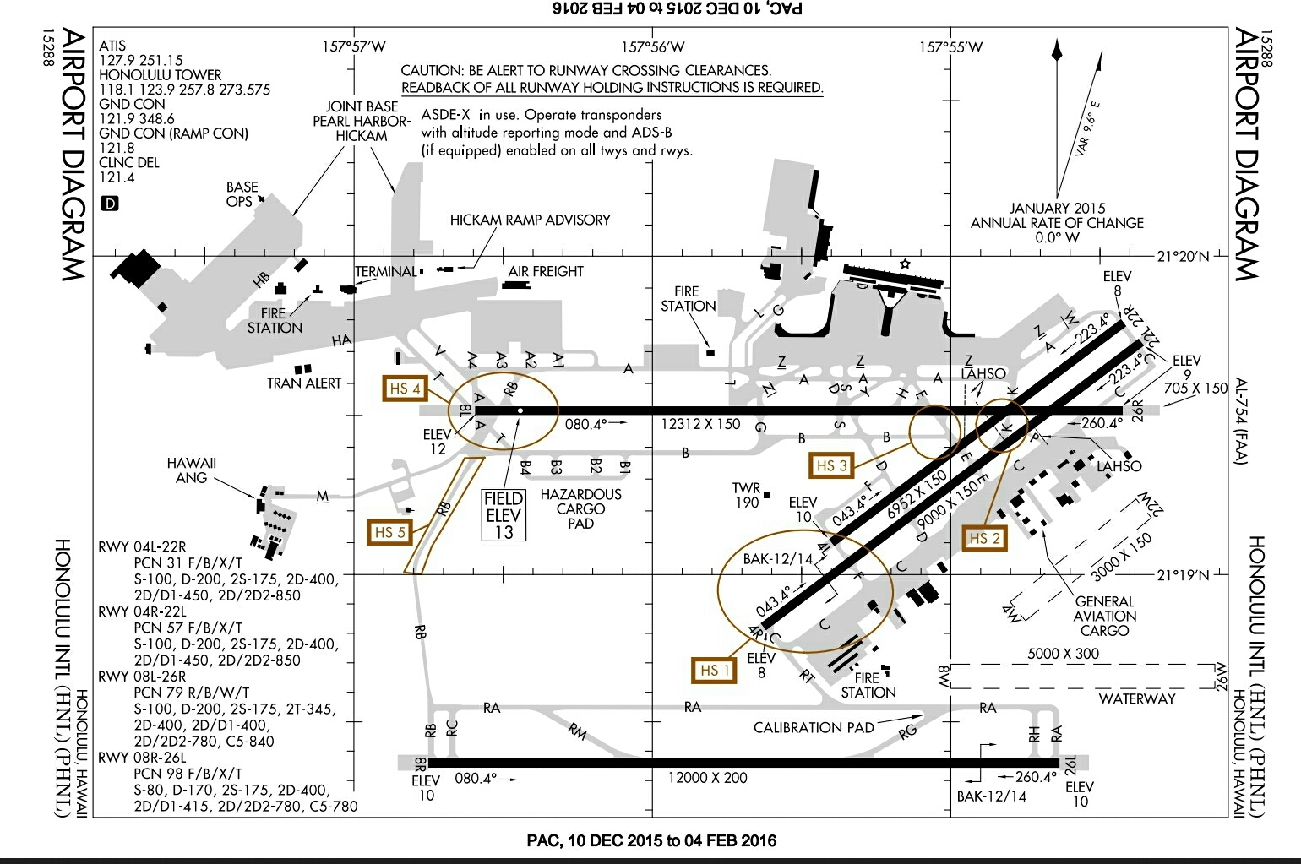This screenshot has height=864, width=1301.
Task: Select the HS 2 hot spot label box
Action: (x=984, y=538)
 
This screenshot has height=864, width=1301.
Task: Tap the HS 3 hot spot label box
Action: (x=830, y=465)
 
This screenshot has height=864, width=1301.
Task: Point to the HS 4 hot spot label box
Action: (x=406, y=389)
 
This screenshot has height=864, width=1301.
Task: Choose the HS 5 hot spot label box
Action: (x=389, y=532)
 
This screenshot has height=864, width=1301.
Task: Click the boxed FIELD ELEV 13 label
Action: (x=504, y=515)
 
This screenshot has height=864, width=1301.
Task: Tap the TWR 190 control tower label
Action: (x=746, y=495)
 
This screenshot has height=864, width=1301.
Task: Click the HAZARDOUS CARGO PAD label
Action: (x=580, y=508)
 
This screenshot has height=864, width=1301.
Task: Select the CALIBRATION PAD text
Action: (x=813, y=727)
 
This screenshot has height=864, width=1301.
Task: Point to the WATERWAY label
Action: (x=1136, y=698)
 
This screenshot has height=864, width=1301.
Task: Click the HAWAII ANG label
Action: (x=192, y=470)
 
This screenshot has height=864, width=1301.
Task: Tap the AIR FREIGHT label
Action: (x=546, y=272)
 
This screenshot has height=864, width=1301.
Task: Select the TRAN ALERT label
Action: (x=304, y=383)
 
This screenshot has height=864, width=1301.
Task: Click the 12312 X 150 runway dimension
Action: (x=701, y=424)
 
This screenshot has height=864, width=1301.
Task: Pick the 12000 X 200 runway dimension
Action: (x=707, y=778)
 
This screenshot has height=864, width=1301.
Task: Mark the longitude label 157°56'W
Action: (x=653, y=47)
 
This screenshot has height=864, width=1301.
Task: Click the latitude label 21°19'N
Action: (x=1182, y=575)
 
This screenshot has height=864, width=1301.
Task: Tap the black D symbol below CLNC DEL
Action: (x=110, y=203)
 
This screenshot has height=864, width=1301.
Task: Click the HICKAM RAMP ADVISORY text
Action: (x=530, y=220)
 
